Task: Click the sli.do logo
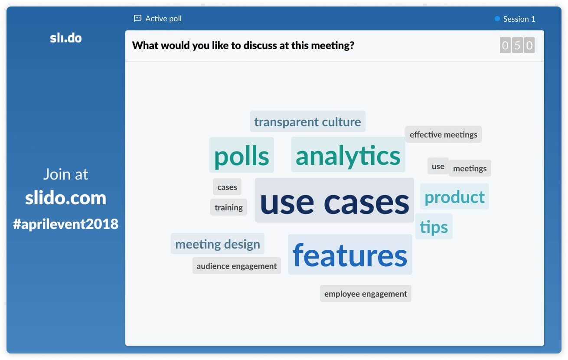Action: tap(65, 38)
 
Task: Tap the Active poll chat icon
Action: tap(137, 18)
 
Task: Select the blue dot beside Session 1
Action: tap(497, 19)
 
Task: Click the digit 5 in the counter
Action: tap(517, 46)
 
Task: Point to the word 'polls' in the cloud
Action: tap(242, 155)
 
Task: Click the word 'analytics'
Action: tap(348, 155)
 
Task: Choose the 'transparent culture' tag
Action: tap(307, 121)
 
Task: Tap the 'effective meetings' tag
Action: tap(443, 134)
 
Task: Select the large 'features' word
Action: tap(349, 255)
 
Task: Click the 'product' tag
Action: tap(454, 196)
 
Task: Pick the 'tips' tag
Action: tap(434, 226)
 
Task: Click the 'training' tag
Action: tap(229, 207)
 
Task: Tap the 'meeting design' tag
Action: tap(218, 244)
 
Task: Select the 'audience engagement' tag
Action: tap(237, 266)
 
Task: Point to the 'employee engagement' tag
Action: tap(366, 294)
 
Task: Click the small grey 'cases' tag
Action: tap(227, 187)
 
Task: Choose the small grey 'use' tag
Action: tap(438, 166)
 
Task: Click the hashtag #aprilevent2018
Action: tap(65, 224)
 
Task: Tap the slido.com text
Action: tap(65, 198)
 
